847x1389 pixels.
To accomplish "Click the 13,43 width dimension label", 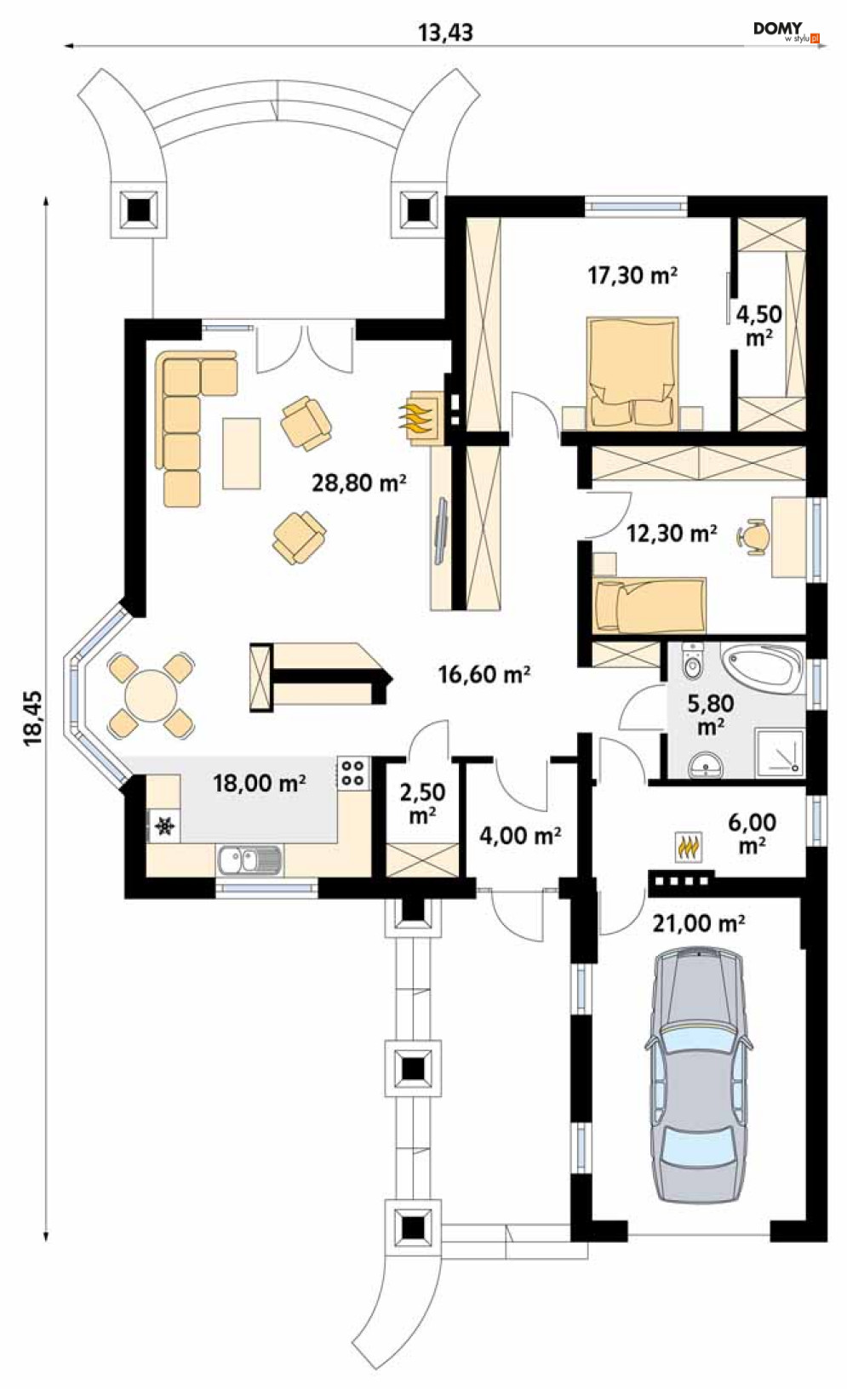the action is pos(445,32).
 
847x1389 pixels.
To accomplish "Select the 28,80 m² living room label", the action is pos(359,482).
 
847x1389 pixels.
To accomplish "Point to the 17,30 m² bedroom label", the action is pos(632,275).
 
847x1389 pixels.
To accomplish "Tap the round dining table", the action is pos(151,695).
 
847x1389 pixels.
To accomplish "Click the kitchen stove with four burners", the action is pos(353,772).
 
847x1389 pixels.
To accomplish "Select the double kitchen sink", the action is pos(249,860).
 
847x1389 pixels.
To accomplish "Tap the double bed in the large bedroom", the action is pos(632,373).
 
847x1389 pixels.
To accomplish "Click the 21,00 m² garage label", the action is pos(698,923).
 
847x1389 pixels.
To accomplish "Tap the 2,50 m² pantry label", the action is pos(422,803).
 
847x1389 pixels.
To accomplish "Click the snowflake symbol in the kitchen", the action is pos(164,826).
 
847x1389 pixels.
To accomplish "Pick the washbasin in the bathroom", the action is pos(707,764).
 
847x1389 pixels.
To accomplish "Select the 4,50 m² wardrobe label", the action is pos(759,325).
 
